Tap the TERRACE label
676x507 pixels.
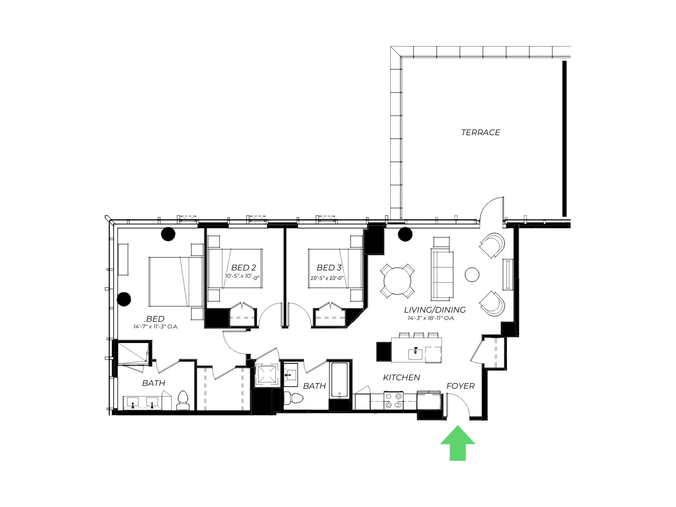coord(480,132)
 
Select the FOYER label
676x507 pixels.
coord(460,386)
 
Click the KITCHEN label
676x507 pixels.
coord(401,377)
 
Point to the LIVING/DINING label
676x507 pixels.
coord(434,310)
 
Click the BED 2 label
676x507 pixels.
coord(243,268)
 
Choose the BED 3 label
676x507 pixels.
coord(329,268)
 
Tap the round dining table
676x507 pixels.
coord(397,281)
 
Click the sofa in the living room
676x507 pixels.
coord(442,275)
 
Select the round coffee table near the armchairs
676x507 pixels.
coord(472,274)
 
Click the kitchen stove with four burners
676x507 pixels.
coord(394,400)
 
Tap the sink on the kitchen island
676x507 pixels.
coord(415,354)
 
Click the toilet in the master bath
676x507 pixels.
coord(183,401)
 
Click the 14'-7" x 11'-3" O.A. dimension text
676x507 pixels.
coord(155,327)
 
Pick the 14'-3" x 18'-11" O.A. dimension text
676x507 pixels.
coord(431,318)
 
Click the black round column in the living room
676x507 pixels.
coord(405,234)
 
